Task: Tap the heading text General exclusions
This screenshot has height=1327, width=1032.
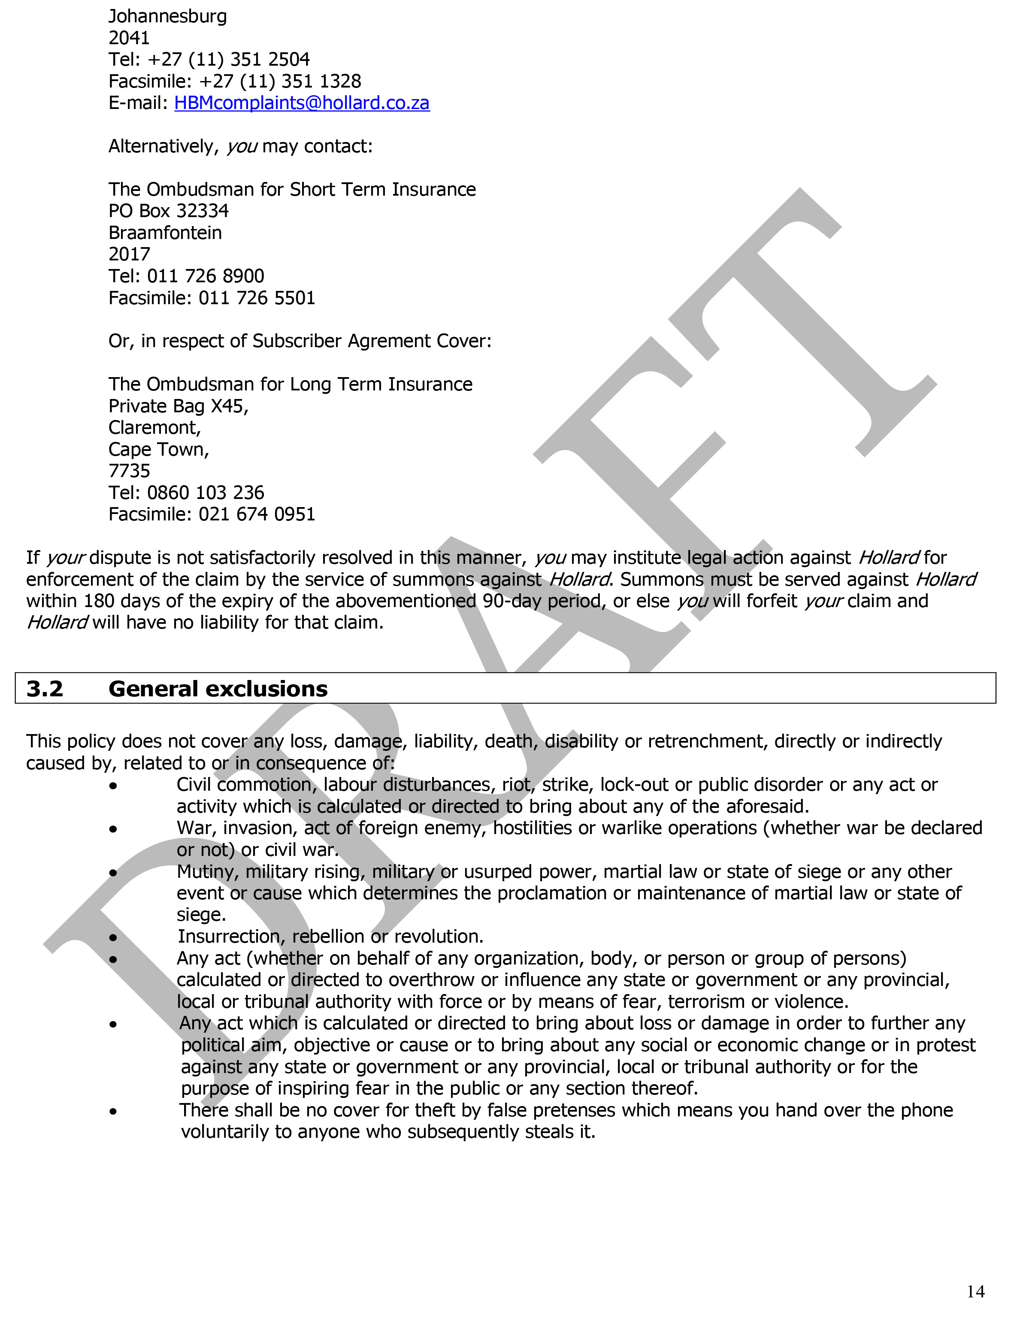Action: click(x=218, y=689)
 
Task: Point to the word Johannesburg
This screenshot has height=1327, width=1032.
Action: click(x=167, y=16)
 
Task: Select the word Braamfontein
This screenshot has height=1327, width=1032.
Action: click(x=165, y=233)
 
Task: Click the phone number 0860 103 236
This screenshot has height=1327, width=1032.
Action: click(x=206, y=493)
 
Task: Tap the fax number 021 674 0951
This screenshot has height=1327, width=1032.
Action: click(x=257, y=515)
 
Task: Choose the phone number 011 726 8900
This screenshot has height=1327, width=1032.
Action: click(x=206, y=276)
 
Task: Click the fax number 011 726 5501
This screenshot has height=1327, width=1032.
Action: click(x=257, y=298)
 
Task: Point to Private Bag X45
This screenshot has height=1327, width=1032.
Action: click(x=178, y=406)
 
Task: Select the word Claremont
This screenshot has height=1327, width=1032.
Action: click(x=154, y=428)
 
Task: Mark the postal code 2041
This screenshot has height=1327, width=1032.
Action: click(x=129, y=38)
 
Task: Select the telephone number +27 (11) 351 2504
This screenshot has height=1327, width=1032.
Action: click(x=229, y=60)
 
